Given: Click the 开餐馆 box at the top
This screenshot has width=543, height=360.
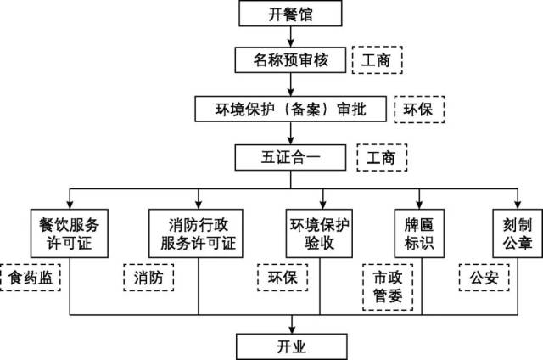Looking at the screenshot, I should pyautogui.click(x=291, y=14).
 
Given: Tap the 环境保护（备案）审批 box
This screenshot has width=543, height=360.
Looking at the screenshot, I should pyautogui.click(x=291, y=109).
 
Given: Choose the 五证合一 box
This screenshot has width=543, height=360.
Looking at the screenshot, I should pyautogui.click(x=291, y=157).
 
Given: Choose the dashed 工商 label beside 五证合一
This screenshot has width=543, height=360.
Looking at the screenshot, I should pyautogui.click(x=382, y=158).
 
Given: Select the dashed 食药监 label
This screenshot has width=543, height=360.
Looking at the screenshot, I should pyautogui.click(x=31, y=277).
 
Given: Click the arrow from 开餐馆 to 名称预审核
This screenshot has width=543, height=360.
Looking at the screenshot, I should pyautogui.click(x=291, y=36).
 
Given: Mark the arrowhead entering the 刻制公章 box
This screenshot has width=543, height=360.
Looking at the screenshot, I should pyautogui.click(x=512, y=205).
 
